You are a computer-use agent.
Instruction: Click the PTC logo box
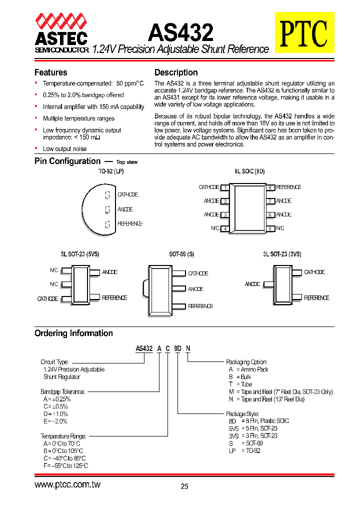tap(303, 32)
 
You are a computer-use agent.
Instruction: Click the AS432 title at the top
tap(180, 32)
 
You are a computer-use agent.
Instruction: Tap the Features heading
tap(50, 72)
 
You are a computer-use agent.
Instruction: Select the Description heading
tap(176, 72)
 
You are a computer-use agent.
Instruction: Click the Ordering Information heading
tap(73, 333)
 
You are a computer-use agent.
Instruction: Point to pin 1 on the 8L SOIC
tap(225, 187)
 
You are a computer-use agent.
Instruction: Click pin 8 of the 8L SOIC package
tap(269, 187)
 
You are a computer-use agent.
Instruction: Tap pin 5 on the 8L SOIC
tap(269, 228)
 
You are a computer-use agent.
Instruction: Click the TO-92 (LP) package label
tap(110, 171)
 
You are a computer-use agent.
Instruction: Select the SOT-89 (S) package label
tap(181, 254)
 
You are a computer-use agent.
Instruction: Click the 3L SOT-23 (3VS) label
tap(282, 254)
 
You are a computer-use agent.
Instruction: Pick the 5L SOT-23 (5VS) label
tap(80, 254)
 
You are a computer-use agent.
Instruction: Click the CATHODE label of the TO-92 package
tap(127, 194)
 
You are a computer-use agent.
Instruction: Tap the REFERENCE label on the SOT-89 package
tap(200, 306)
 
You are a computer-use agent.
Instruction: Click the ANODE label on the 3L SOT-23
tap(252, 284)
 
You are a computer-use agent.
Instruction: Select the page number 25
tap(184, 486)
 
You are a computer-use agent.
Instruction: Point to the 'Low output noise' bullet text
tap(64, 149)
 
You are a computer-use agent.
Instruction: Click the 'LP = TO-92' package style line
tap(244, 450)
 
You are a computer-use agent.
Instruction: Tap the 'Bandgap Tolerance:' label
tap(62, 392)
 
